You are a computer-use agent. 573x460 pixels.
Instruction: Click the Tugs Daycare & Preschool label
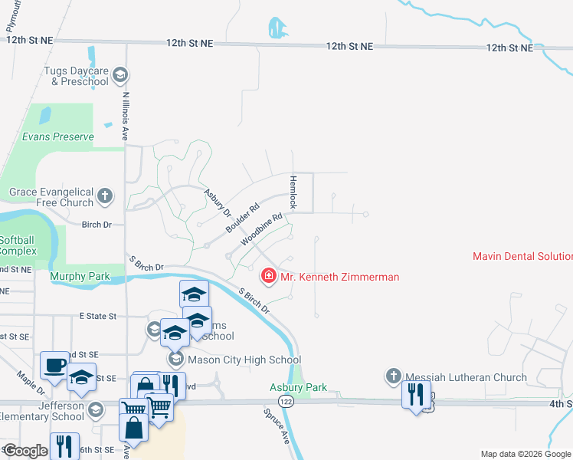[77, 75]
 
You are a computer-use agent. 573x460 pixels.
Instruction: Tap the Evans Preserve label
[57, 137]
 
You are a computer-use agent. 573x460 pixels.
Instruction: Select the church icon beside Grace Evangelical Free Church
[105, 197]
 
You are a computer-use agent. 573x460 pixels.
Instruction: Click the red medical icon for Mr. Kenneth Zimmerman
[269, 276]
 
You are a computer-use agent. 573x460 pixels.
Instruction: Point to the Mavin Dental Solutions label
[522, 256]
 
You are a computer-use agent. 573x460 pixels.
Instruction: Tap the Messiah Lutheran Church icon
[394, 376]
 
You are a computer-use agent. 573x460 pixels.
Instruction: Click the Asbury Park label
[299, 388]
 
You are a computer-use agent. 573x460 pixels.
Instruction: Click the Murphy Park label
[80, 276]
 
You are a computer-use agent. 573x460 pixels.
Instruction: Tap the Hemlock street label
[292, 192]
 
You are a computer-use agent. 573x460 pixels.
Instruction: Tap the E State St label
[97, 315]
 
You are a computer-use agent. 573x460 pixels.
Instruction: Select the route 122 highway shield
[286, 402]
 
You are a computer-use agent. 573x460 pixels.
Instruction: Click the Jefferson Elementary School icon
[95, 409]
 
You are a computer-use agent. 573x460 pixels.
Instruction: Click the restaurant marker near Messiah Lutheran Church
[416, 394]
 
